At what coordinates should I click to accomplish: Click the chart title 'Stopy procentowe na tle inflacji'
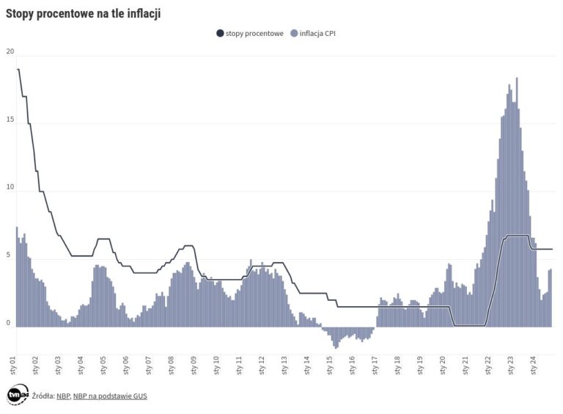coord(83,12)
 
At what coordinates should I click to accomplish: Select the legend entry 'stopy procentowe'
coord(254,33)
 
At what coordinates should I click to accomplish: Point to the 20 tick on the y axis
coord(10,51)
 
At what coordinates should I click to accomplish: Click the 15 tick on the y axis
coord(10,120)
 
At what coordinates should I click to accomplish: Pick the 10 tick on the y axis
coord(10,188)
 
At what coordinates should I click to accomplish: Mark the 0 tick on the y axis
coord(8,324)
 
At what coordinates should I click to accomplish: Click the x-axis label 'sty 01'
coord(14,365)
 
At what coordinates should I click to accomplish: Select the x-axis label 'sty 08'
coord(172,365)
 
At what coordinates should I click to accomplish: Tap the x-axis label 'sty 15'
coord(329,365)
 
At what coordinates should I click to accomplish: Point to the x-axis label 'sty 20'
coord(442,365)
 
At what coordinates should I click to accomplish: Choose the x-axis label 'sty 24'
coord(532,365)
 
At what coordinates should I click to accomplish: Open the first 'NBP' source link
coord(62,396)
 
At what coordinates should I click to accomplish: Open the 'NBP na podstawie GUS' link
coord(102,396)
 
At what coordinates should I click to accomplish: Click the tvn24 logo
coord(17,395)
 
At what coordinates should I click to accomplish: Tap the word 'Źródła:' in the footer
coord(43,396)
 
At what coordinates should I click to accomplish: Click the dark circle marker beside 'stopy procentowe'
coord(220,33)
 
